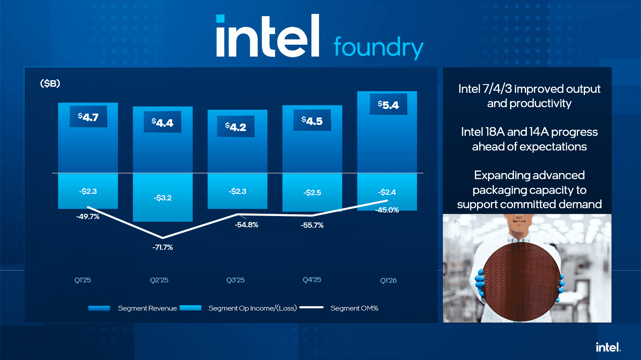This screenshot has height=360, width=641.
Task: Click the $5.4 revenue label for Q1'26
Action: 388,105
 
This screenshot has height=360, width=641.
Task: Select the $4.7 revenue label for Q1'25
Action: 88,117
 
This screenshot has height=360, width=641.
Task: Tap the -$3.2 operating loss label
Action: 163,198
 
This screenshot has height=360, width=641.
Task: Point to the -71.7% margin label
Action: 163,247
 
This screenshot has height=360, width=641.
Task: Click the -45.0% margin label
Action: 387,210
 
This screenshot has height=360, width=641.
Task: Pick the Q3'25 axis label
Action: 235,280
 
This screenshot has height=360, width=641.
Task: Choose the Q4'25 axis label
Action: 312,280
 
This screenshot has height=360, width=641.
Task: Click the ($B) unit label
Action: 50,83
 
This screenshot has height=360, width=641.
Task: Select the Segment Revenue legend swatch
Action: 99,308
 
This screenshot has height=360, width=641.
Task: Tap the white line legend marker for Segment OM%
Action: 311,308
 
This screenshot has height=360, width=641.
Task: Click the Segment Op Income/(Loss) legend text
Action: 252,308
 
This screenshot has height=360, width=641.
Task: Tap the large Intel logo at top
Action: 268,37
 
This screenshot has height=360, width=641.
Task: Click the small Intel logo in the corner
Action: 608,347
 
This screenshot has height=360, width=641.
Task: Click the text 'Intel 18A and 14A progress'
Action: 529,132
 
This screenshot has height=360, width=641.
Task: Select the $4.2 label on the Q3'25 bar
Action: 235,127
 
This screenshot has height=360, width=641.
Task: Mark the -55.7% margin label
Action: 312,225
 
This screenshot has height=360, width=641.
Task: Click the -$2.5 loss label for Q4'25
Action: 312,193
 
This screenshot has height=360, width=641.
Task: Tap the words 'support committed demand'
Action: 529,204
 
